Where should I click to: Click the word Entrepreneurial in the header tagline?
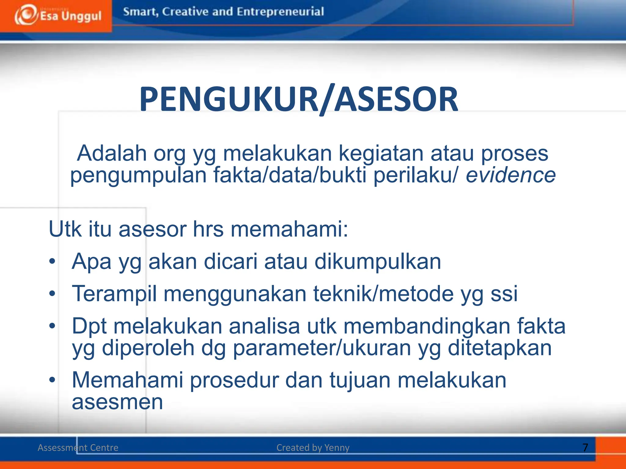280,12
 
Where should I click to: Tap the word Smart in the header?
140,12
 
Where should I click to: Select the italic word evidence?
510,176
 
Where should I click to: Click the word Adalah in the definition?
111,153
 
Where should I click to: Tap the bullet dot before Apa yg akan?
52,261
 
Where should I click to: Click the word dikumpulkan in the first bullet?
377,262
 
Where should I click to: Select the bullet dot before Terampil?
52,294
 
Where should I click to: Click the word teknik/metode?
383,294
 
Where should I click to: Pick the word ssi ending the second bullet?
504,294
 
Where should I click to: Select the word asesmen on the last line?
117,402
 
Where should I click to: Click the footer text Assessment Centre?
78,448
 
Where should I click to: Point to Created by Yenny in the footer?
313,448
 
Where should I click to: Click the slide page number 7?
585,448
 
